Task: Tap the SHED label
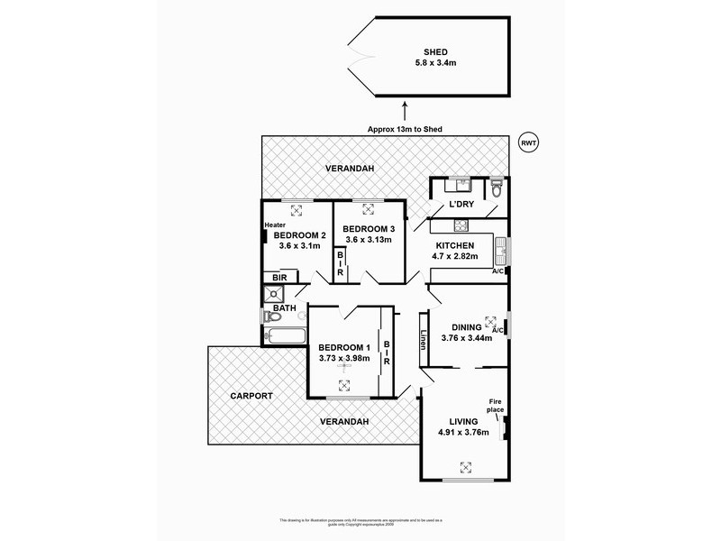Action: [x=435, y=52]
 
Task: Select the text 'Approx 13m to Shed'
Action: [x=405, y=129]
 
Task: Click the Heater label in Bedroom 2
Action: [x=275, y=225]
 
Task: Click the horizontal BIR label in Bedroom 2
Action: [x=279, y=279]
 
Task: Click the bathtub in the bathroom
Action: [x=285, y=337]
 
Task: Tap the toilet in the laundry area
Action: [x=497, y=190]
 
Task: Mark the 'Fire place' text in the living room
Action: [x=495, y=406]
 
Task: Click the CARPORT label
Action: [x=251, y=396]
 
